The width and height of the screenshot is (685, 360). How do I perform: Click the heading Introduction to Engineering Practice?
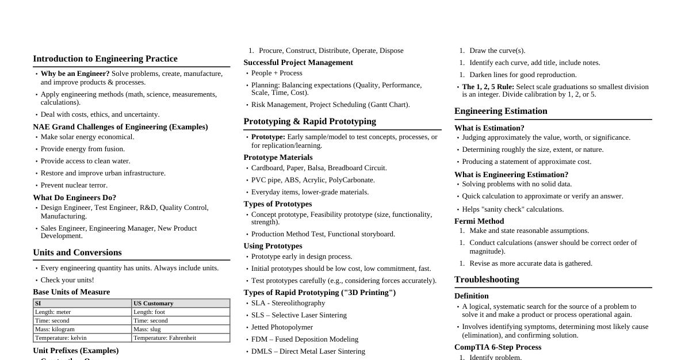(x=105, y=59)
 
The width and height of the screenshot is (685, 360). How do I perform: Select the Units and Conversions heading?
(x=77, y=252)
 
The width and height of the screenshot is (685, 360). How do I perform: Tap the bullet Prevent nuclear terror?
(x=74, y=185)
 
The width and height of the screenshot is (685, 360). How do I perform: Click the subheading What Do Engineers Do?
(x=74, y=197)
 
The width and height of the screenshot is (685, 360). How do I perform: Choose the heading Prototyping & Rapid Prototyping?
(x=309, y=121)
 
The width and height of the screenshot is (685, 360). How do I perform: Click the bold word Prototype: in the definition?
(x=268, y=137)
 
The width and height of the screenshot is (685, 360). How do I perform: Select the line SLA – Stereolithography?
(x=288, y=303)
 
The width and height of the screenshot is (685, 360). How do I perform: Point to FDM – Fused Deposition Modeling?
(x=304, y=339)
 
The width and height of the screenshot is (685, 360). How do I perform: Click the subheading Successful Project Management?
(x=298, y=62)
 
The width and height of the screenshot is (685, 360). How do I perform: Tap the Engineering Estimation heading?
(x=500, y=111)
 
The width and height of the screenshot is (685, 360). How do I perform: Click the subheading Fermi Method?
(x=479, y=221)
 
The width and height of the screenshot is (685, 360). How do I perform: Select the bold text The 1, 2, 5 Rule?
(x=488, y=87)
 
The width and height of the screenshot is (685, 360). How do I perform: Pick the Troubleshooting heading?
(x=487, y=279)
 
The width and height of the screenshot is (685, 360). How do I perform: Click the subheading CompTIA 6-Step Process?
(x=498, y=347)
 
